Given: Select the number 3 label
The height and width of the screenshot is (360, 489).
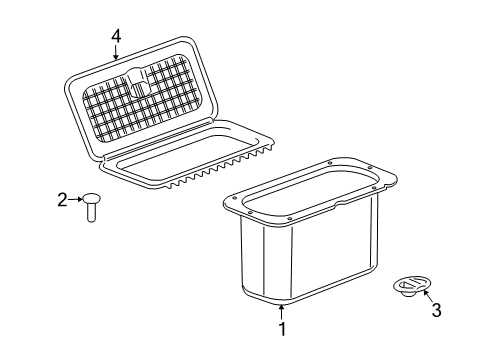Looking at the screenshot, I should tap(435, 311).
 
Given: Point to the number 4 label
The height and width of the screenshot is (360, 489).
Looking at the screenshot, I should tap(116, 36).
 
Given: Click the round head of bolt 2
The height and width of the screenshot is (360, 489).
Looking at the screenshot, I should tap(91, 198).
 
